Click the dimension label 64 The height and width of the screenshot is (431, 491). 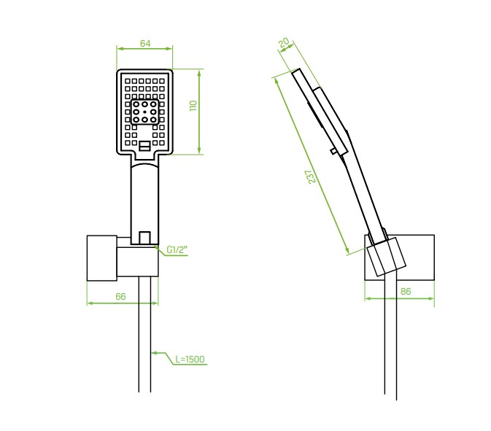coord(145,43)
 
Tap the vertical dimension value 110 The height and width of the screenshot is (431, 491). coord(193,106)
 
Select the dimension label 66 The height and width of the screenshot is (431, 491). coord(120,296)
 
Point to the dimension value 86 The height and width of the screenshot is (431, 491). coord(406,292)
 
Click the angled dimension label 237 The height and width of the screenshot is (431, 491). coord(312,176)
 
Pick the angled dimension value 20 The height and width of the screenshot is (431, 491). coord(285,43)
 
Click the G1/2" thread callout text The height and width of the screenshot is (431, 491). coord(177,249)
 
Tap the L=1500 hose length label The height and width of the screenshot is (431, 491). coord(190,359)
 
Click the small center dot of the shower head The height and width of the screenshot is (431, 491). coord(144,112)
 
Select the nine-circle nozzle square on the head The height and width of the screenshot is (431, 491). coord(144,112)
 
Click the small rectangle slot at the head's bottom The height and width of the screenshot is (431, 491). coord(144,146)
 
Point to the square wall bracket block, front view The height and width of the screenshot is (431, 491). coord(101,258)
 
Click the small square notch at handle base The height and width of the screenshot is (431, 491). coord(144,238)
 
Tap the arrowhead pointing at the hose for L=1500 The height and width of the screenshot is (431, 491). coord(155,354)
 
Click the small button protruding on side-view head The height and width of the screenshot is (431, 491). coord(334,152)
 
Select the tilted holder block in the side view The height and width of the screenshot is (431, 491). coord(386,257)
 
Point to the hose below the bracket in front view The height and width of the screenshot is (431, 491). coord(144,334)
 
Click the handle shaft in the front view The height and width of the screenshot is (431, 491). coord(144,201)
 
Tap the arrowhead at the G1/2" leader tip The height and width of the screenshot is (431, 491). coord(158,247)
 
